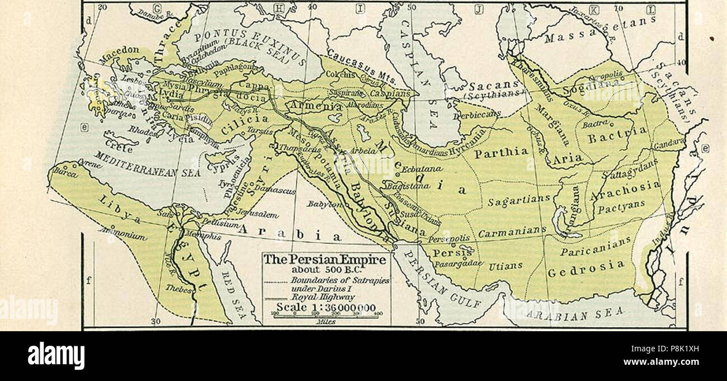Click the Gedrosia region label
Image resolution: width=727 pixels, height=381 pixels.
pyautogui.click(x=586, y=268)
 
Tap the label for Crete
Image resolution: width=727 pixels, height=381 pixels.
pyautogui.click(x=120, y=149)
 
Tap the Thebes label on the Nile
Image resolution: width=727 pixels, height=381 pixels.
pyautogui.click(x=180, y=289)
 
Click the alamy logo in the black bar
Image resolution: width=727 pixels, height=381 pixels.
pyautogui.click(x=56, y=356)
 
